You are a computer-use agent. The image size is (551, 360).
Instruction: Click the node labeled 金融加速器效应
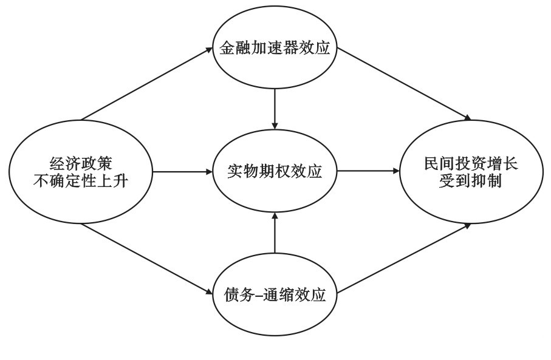[275, 49]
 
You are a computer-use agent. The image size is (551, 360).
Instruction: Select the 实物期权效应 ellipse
[275, 172]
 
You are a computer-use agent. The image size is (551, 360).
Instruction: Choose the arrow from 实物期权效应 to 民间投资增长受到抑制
[368, 172]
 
